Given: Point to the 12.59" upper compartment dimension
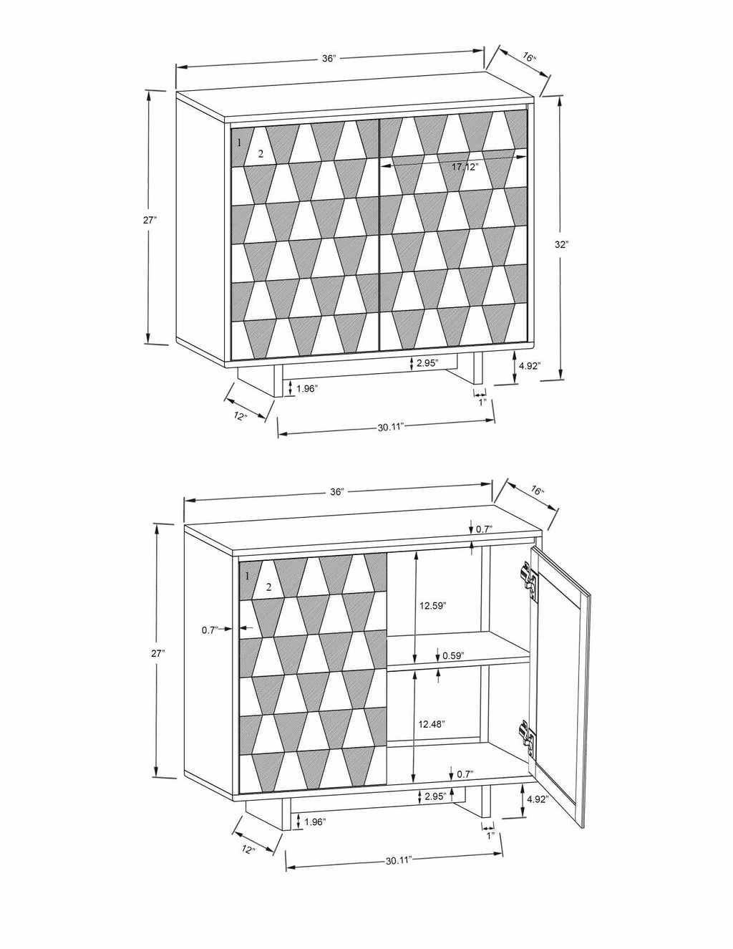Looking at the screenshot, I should click(x=432, y=606).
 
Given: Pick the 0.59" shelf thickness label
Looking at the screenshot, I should click(x=453, y=655).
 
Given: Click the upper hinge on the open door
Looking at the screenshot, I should click(x=528, y=578).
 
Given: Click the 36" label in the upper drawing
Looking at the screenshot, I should click(x=329, y=59).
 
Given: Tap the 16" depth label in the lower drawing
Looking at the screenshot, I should click(x=538, y=492).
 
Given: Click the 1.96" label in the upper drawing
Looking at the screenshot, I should click(x=306, y=388).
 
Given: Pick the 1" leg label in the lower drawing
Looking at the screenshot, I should click(x=490, y=836).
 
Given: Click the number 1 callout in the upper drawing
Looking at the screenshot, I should click(x=240, y=143).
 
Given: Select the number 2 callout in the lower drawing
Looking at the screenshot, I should click(x=268, y=587).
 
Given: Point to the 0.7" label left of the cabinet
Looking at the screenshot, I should click(x=209, y=630).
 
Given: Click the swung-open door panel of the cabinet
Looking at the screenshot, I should click(x=563, y=680).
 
